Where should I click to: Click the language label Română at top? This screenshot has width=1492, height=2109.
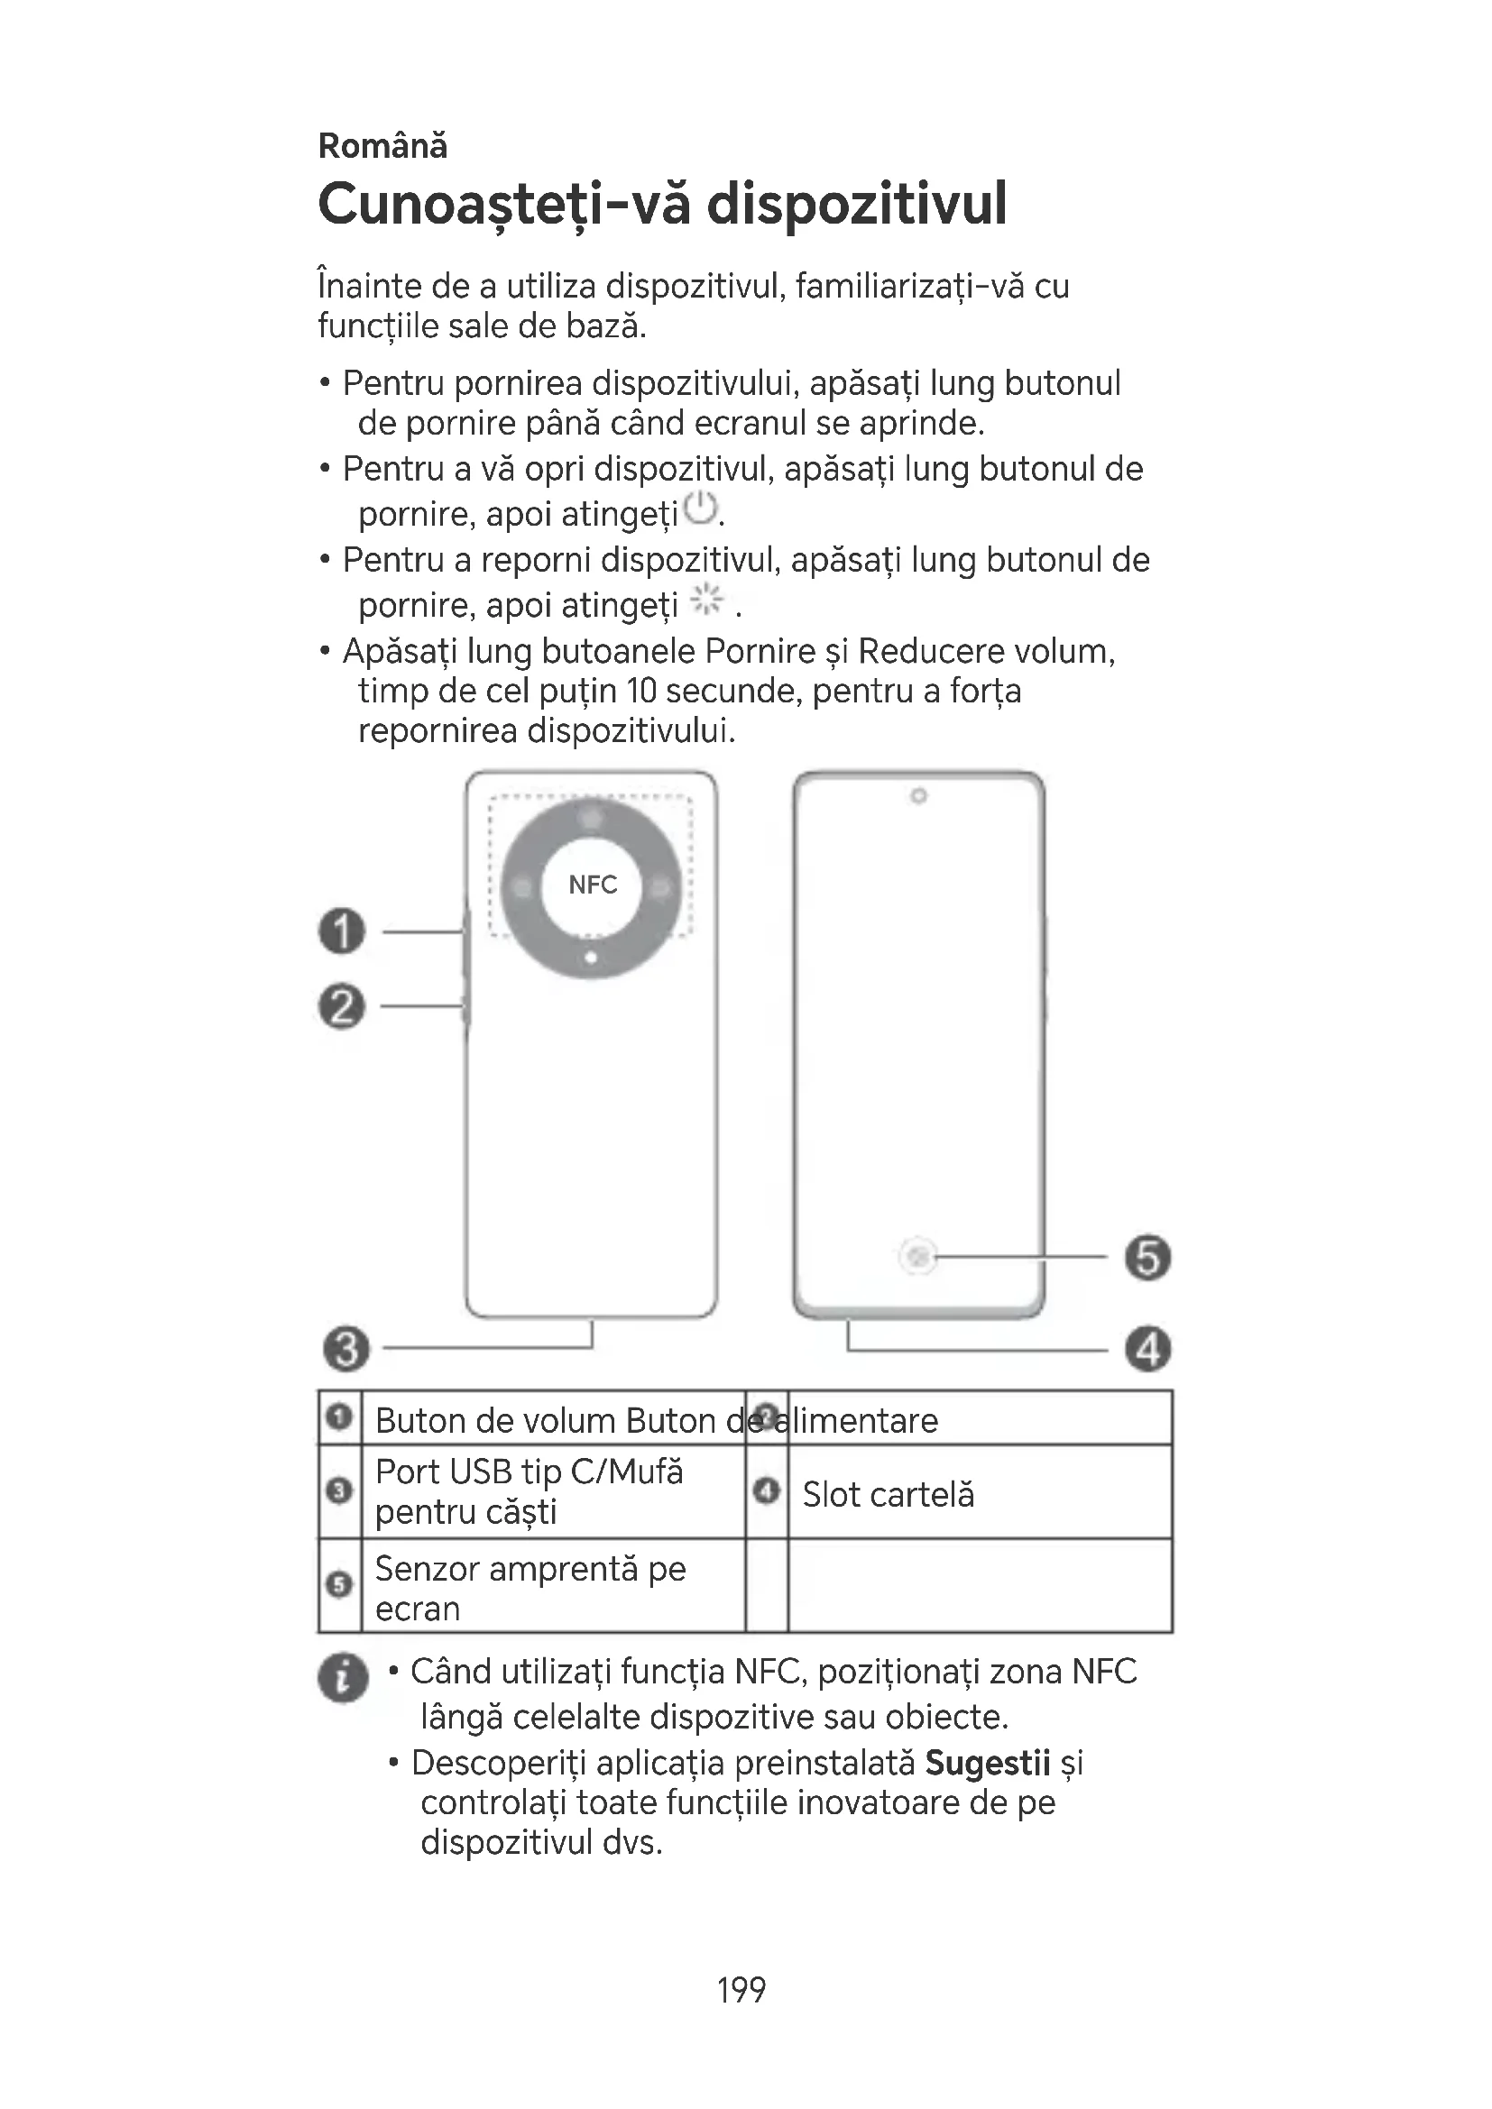(382, 146)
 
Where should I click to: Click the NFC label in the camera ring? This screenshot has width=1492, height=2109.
(593, 885)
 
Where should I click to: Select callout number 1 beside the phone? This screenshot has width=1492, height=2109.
(342, 931)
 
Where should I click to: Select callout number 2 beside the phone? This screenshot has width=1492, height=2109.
(342, 1006)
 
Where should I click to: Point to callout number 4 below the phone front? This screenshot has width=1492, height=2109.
(1148, 1350)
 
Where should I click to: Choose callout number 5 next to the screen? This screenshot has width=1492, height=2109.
(1148, 1258)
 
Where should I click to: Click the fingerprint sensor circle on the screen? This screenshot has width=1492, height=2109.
(918, 1256)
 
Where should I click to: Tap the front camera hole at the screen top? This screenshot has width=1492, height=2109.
(917, 795)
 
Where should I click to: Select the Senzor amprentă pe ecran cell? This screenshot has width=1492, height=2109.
(530, 1588)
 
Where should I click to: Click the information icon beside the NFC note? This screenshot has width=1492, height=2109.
(343, 1678)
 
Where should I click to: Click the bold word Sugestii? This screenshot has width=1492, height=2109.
(988, 1763)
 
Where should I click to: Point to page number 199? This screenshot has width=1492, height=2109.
(741, 1990)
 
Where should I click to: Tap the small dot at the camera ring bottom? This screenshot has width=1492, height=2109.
(592, 958)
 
